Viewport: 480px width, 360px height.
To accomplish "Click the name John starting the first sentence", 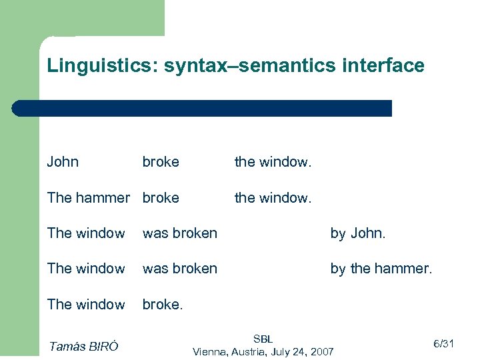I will coord(63,162).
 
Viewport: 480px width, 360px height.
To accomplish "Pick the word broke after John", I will coord(161,162).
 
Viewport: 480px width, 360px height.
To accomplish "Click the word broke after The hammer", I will coord(161,197).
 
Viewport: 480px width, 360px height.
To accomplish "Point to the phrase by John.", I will coord(358,233).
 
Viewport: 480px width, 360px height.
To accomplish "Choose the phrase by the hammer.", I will coord(381,269).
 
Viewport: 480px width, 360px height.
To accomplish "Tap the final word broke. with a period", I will coord(163,304).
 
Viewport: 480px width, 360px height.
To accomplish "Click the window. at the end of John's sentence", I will coord(273,162).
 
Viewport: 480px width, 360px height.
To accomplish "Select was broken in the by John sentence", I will coord(180,233).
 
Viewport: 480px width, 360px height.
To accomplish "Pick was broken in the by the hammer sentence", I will coord(180,269).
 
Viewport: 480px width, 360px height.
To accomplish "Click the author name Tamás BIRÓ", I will coord(83,345).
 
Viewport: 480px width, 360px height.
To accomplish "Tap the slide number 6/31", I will coord(443,344).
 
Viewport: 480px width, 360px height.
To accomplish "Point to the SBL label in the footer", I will coord(263,339).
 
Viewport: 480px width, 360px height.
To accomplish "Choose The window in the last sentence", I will coord(86,304).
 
